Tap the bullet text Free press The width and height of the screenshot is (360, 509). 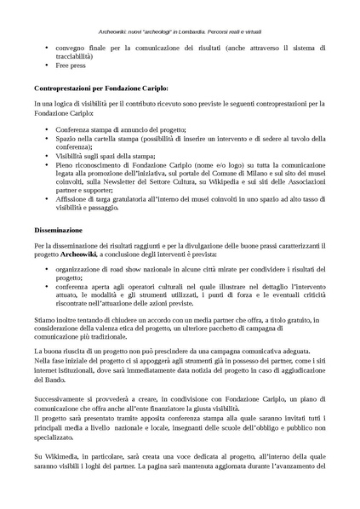[x=71, y=64]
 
